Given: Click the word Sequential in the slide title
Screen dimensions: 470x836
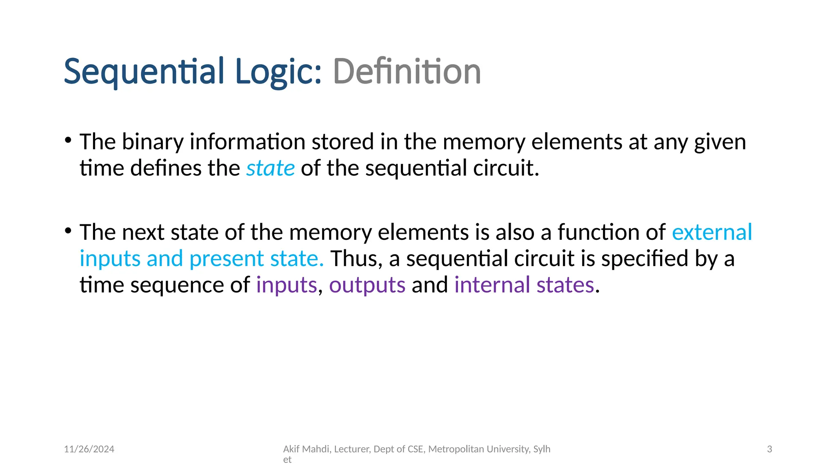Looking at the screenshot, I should pos(144,72).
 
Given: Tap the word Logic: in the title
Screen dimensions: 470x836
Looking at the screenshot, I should pos(279,72).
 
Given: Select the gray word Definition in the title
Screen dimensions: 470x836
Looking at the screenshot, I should pos(407,72).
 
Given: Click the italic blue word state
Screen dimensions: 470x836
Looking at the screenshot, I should pos(270,168).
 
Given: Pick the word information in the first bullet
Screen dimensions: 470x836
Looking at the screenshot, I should pos(247,142).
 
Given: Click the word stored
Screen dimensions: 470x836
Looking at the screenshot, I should pos(343,142).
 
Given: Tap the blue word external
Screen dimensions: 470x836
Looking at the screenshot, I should pos(712,232).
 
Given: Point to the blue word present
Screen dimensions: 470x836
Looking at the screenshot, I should pos(227,259).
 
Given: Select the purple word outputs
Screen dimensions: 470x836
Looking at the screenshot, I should pos(367,285).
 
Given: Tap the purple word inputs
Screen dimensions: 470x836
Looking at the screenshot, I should pos(287,285).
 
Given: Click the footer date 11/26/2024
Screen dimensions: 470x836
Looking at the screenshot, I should pos(89,449).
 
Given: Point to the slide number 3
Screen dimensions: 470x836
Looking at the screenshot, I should pos(769,449).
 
